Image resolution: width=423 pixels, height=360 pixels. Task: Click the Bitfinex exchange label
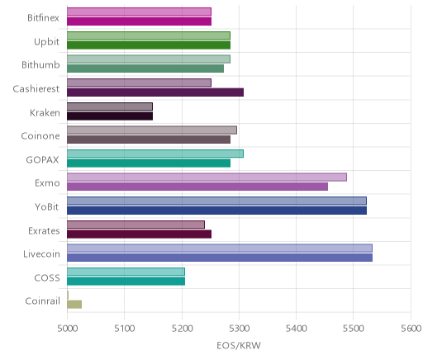tap(43, 18)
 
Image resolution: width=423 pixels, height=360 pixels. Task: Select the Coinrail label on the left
tap(42, 301)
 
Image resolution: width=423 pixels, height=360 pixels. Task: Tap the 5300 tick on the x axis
tap(239, 329)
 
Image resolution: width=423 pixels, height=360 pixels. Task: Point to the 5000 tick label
tap(67, 329)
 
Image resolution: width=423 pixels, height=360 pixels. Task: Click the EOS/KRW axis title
tap(239, 345)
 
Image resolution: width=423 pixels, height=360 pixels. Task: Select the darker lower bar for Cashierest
tap(155, 92)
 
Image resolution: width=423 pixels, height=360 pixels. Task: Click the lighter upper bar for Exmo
tap(207, 178)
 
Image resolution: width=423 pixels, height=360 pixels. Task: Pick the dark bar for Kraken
tap(110, 116)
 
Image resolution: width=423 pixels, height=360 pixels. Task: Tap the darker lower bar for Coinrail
tap(74, 305)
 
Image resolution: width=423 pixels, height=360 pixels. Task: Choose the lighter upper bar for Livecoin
tap(220, 248)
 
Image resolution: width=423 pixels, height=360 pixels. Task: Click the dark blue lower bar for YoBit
tap(217, 211)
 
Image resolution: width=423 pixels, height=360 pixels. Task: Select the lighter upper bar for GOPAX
tap(155, 154)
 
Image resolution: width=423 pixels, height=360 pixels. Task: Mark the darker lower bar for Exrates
tap(140, 234)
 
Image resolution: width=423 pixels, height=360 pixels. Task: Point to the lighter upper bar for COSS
tap(126, 272)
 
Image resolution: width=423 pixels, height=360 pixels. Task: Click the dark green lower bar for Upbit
tap(149, 45)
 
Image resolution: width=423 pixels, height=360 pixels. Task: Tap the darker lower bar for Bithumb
tap(145, 69)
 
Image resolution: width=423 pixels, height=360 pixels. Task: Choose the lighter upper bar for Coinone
tap(152, 130)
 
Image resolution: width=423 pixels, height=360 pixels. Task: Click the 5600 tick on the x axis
tap(411, 329)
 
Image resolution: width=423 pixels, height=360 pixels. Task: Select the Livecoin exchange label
tap(41, 254)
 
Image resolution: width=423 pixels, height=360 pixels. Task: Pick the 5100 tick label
tap(125, 329)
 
